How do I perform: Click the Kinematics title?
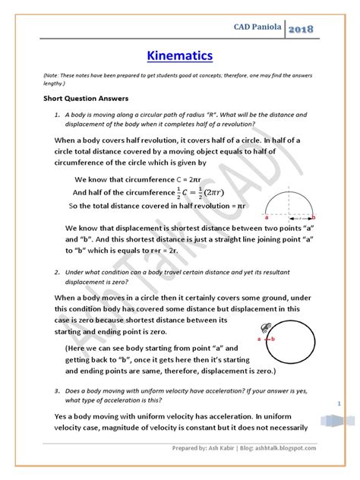click(179, 55)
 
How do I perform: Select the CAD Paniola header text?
click(283, 27)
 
